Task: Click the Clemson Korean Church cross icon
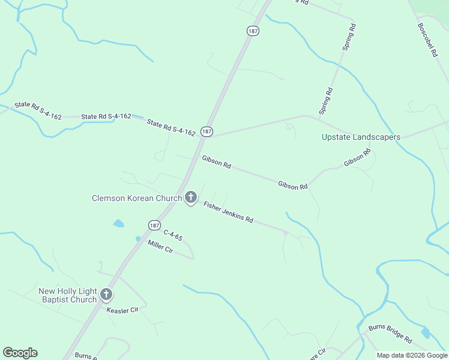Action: pyautogui.click(x=190, y=197)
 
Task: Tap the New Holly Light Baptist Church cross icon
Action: pyautogui.click(x=106, y=294)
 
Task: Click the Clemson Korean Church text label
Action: pyautogui.click(x=136, y=198)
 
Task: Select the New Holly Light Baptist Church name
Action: pyautogui.click(x=67, y=295)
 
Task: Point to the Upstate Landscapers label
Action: pyautogui.click(x=361, y=137)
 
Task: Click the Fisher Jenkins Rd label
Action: pyautogui.click(x=228, y=212)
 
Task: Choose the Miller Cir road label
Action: pyautogui.click(x=160, y=247)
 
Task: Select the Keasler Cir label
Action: pyautogui.click(x=122, y=310)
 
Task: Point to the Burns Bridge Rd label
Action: pyautogui.click(x=390, y=333)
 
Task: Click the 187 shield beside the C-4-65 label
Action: pyautogui.click(x=154, y=225)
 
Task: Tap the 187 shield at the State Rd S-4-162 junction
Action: pyautogui.click(x=206, y=131)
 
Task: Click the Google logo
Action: pyautogui.click(x=20, y=353)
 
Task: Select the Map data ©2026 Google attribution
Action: pyautogui.click(x=411, y=355)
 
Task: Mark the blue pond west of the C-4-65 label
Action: pyautogui.click(x=118, y=224)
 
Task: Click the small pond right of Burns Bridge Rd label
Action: pyautogui.click(x=426, y=332)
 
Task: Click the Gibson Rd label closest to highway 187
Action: pyautogui.click(x=217, y=162)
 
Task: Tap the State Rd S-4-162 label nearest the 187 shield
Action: pyautogui.click(x=171, y=127)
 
